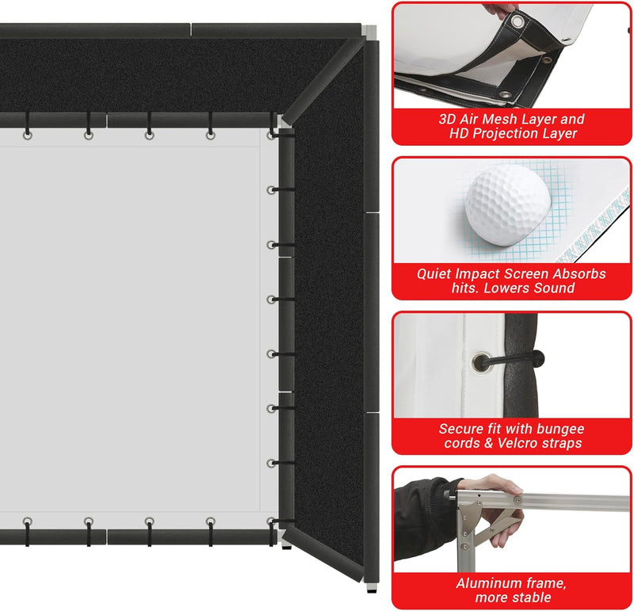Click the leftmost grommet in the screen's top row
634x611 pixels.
[x=28, y=136]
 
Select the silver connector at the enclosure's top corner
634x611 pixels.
[x=369, y=32]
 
